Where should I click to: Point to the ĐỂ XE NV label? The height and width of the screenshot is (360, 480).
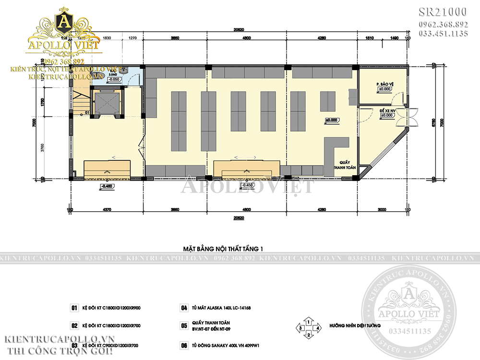(386, 112)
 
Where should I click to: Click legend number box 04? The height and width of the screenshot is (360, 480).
(183, 308)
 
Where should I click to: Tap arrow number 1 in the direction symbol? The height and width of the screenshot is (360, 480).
(310, 320)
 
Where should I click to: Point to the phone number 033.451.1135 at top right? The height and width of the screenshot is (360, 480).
(444, 33)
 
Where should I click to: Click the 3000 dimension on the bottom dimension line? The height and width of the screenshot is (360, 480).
(382, 209)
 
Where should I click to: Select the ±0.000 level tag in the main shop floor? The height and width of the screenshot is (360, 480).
(332, 120)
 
